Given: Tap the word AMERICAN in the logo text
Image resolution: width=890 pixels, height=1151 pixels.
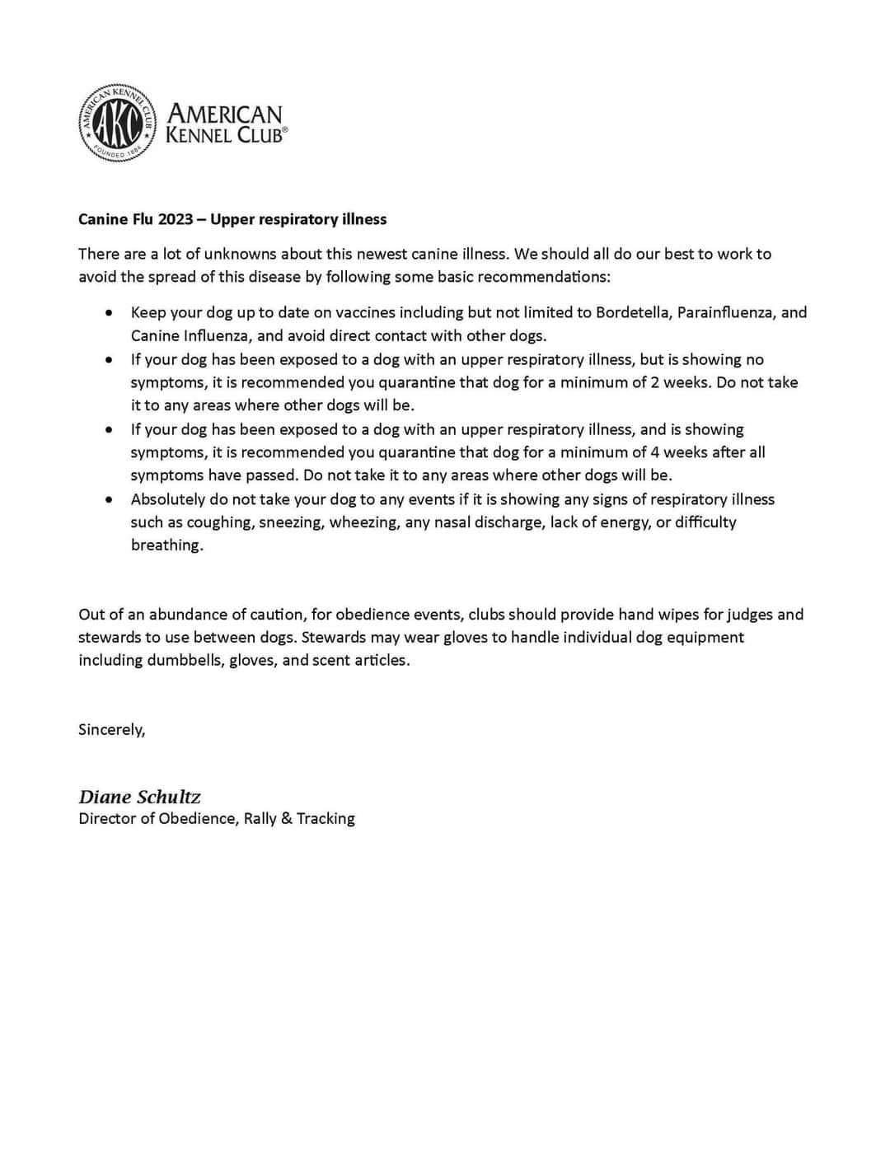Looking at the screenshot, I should pos(224,114).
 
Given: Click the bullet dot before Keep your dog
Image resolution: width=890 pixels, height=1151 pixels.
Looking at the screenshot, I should pos(110,313).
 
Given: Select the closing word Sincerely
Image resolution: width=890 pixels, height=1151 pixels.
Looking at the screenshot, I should pos(111,729).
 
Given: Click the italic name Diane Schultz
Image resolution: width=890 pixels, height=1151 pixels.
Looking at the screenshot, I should pos(139,797).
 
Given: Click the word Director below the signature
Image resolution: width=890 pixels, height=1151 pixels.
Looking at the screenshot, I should pos(106,818).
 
